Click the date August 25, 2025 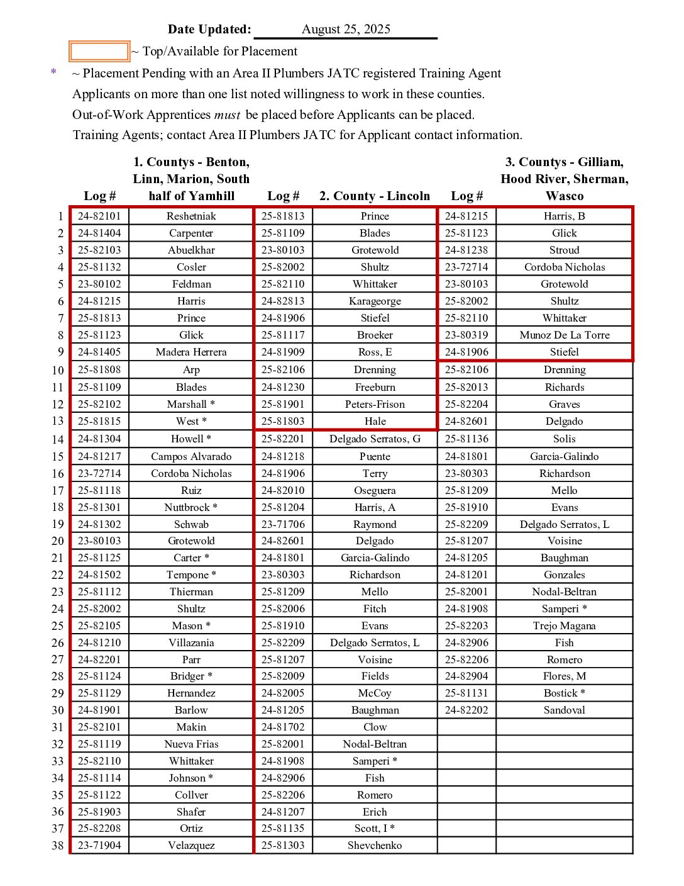[346, 30]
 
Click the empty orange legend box [99, 52]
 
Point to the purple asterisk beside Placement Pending [53, 72]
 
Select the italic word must [227, 115]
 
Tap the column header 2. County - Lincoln [375, 196]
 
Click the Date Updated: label [209, 30]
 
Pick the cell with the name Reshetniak [191, 216]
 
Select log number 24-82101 [99, 216]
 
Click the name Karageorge [375, 301]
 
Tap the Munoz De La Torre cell [565, 335]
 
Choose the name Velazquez [191, 845]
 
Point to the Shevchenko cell [375, 845]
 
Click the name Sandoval [565, 710]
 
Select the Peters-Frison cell [375, 404]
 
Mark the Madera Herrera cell [191, 352]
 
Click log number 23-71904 [99, 845]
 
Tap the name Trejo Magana [565, 625]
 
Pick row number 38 [58, 846]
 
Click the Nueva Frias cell [191, 744]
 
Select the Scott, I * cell [375, 828]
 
